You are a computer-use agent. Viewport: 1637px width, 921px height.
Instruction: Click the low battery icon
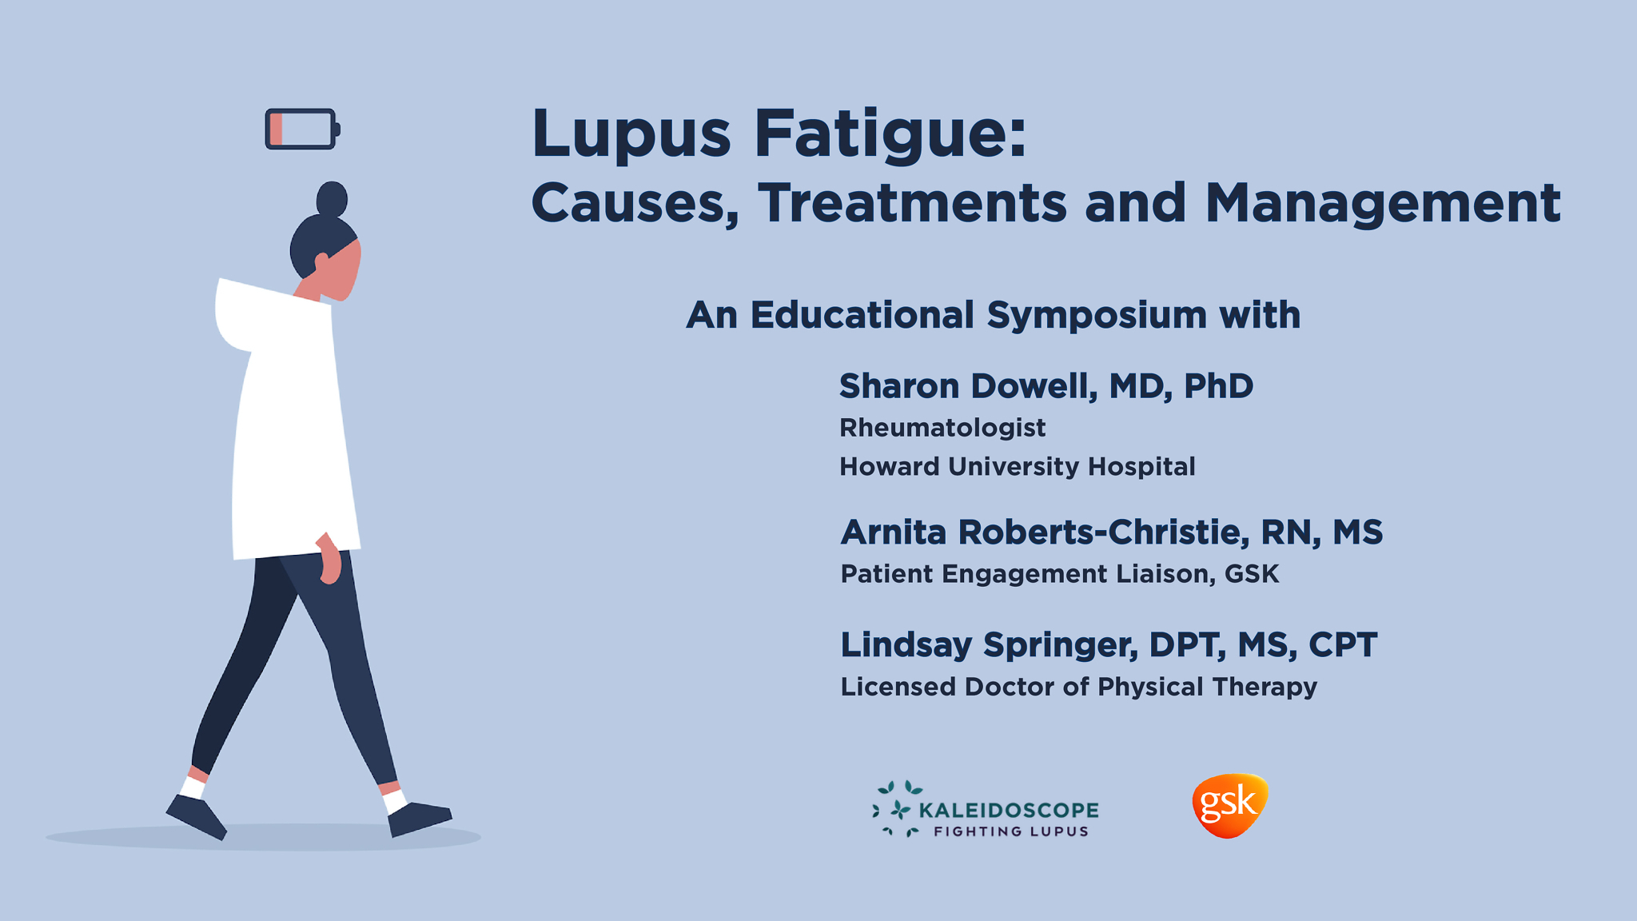tap(302, 130)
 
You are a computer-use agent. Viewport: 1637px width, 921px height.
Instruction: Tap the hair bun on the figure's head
tap(332, 198)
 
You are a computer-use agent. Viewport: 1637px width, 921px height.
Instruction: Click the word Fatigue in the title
tap(890, 134)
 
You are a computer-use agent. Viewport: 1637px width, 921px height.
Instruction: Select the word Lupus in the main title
tap(631, 134)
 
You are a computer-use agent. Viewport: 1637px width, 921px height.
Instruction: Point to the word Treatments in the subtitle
tap(912, 203)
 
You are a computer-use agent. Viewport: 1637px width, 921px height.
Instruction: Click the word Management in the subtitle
tap(1382, 203)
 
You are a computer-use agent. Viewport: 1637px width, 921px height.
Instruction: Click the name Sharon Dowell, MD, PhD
tap(1046, 386)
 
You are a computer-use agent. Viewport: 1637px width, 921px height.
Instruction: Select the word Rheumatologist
tap(942, 428)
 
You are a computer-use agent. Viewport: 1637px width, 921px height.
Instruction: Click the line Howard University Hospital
tap(1017, 466)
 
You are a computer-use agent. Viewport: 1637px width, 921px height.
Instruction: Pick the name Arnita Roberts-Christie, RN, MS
tap(1111, 532)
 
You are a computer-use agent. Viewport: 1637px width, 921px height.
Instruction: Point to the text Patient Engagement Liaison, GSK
tap(1059, 574)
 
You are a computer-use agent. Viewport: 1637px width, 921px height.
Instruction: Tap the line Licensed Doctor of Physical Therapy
tap(1078, 687)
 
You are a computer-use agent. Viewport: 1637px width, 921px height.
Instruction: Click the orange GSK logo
tap(1229, 805)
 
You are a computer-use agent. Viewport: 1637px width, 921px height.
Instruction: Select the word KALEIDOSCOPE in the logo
tap(1009, 810)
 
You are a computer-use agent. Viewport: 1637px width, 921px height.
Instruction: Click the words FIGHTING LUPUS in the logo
tap(1010, 831)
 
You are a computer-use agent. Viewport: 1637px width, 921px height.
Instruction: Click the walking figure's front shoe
tap(419, 818)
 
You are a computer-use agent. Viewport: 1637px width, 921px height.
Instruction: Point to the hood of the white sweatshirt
tap(233, 316)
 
